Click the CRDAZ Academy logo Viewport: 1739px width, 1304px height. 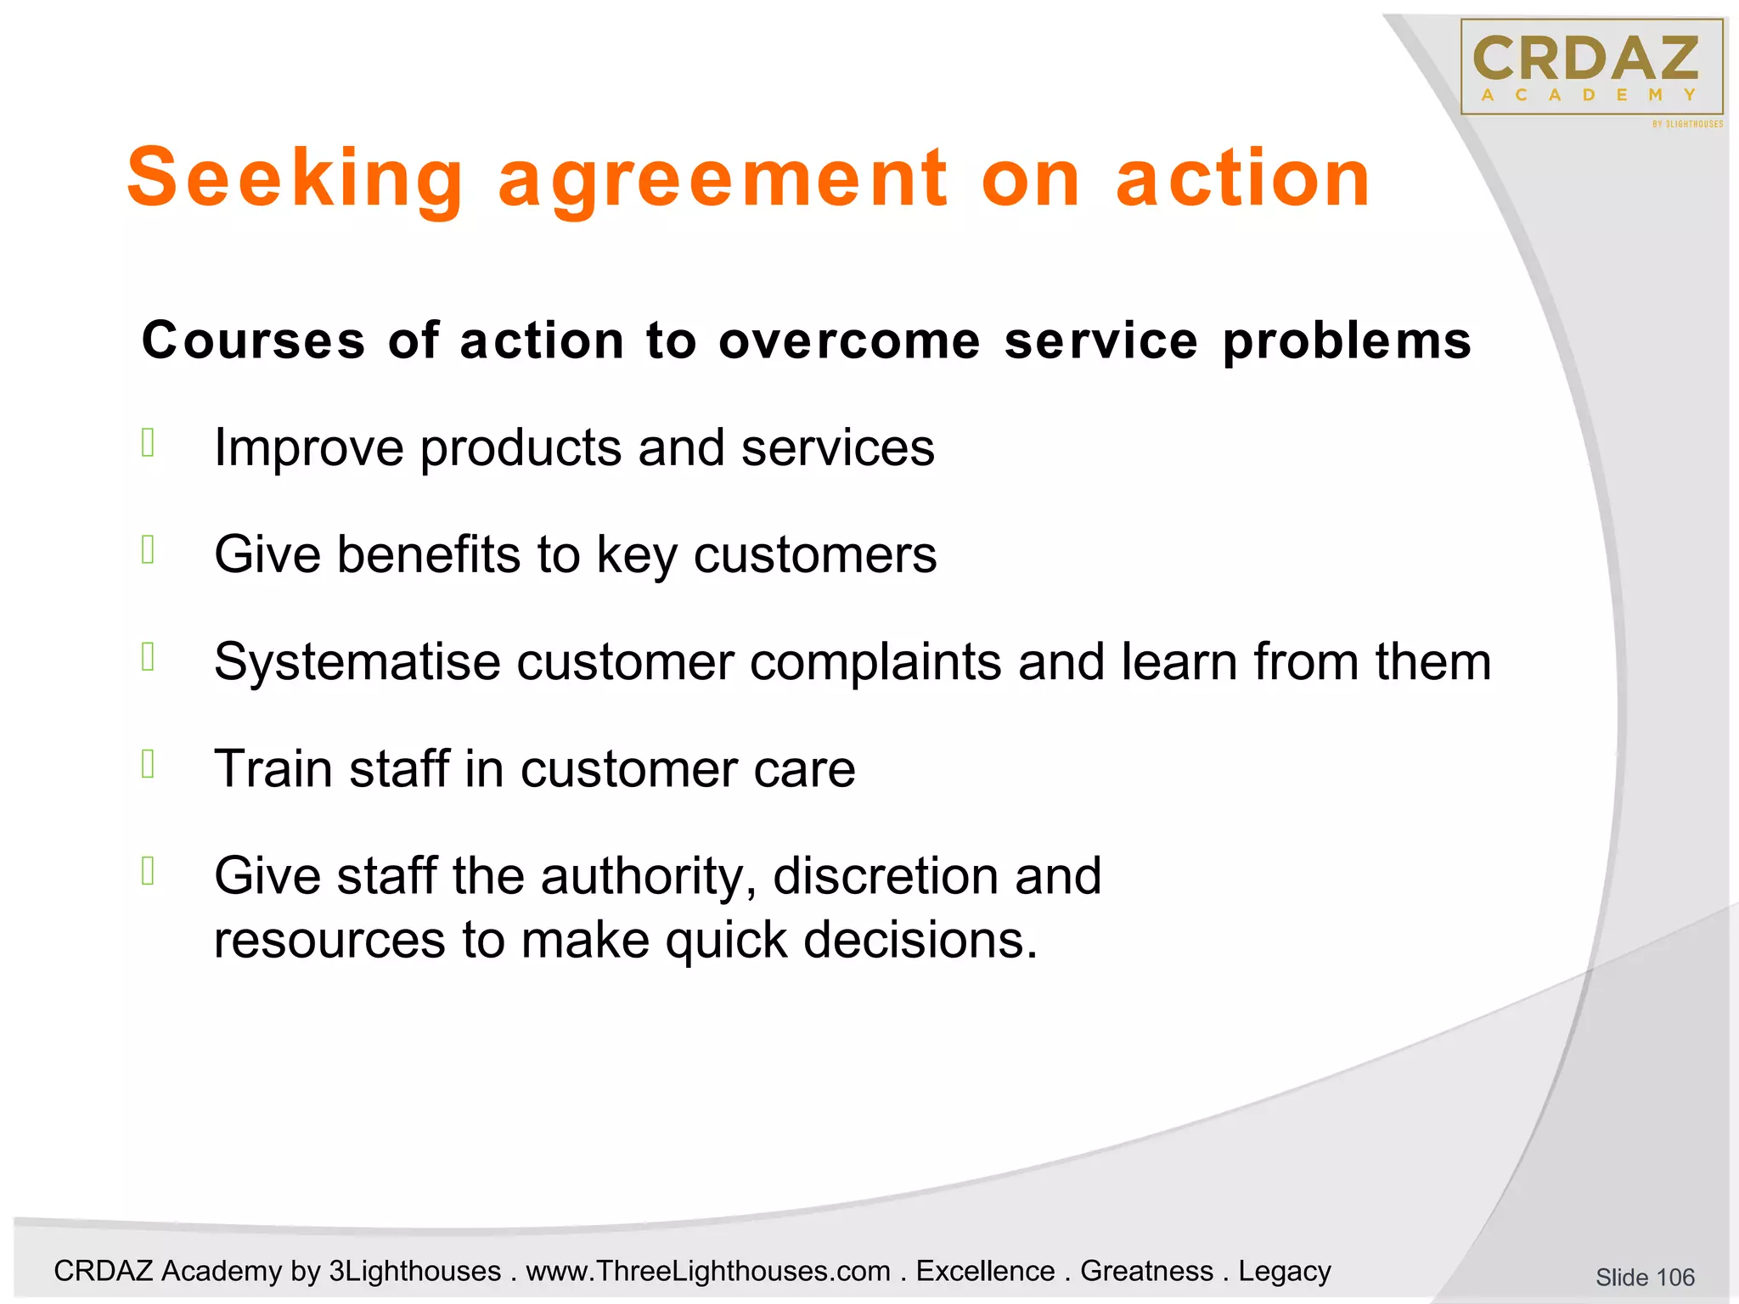[1591, 68]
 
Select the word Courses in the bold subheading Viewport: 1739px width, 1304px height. [253, 340]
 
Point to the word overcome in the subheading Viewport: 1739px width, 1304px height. [849, 340]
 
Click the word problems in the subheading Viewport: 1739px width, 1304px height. [1347, 342]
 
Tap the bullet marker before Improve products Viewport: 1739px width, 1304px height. [149, 442]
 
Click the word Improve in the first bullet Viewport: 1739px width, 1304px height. [308, 447]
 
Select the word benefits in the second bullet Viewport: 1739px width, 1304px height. [429, 554]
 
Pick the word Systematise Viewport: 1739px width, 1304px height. [357, 661]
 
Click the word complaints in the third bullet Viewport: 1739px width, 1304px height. [875, 661]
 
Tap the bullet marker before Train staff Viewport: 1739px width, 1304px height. [149, 764]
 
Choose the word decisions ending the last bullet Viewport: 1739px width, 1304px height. [920, 940]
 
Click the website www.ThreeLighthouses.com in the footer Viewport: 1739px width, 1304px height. [708, 1271]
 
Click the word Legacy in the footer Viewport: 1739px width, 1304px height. [1284, 1271]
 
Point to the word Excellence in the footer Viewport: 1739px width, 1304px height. [985, 1271]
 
